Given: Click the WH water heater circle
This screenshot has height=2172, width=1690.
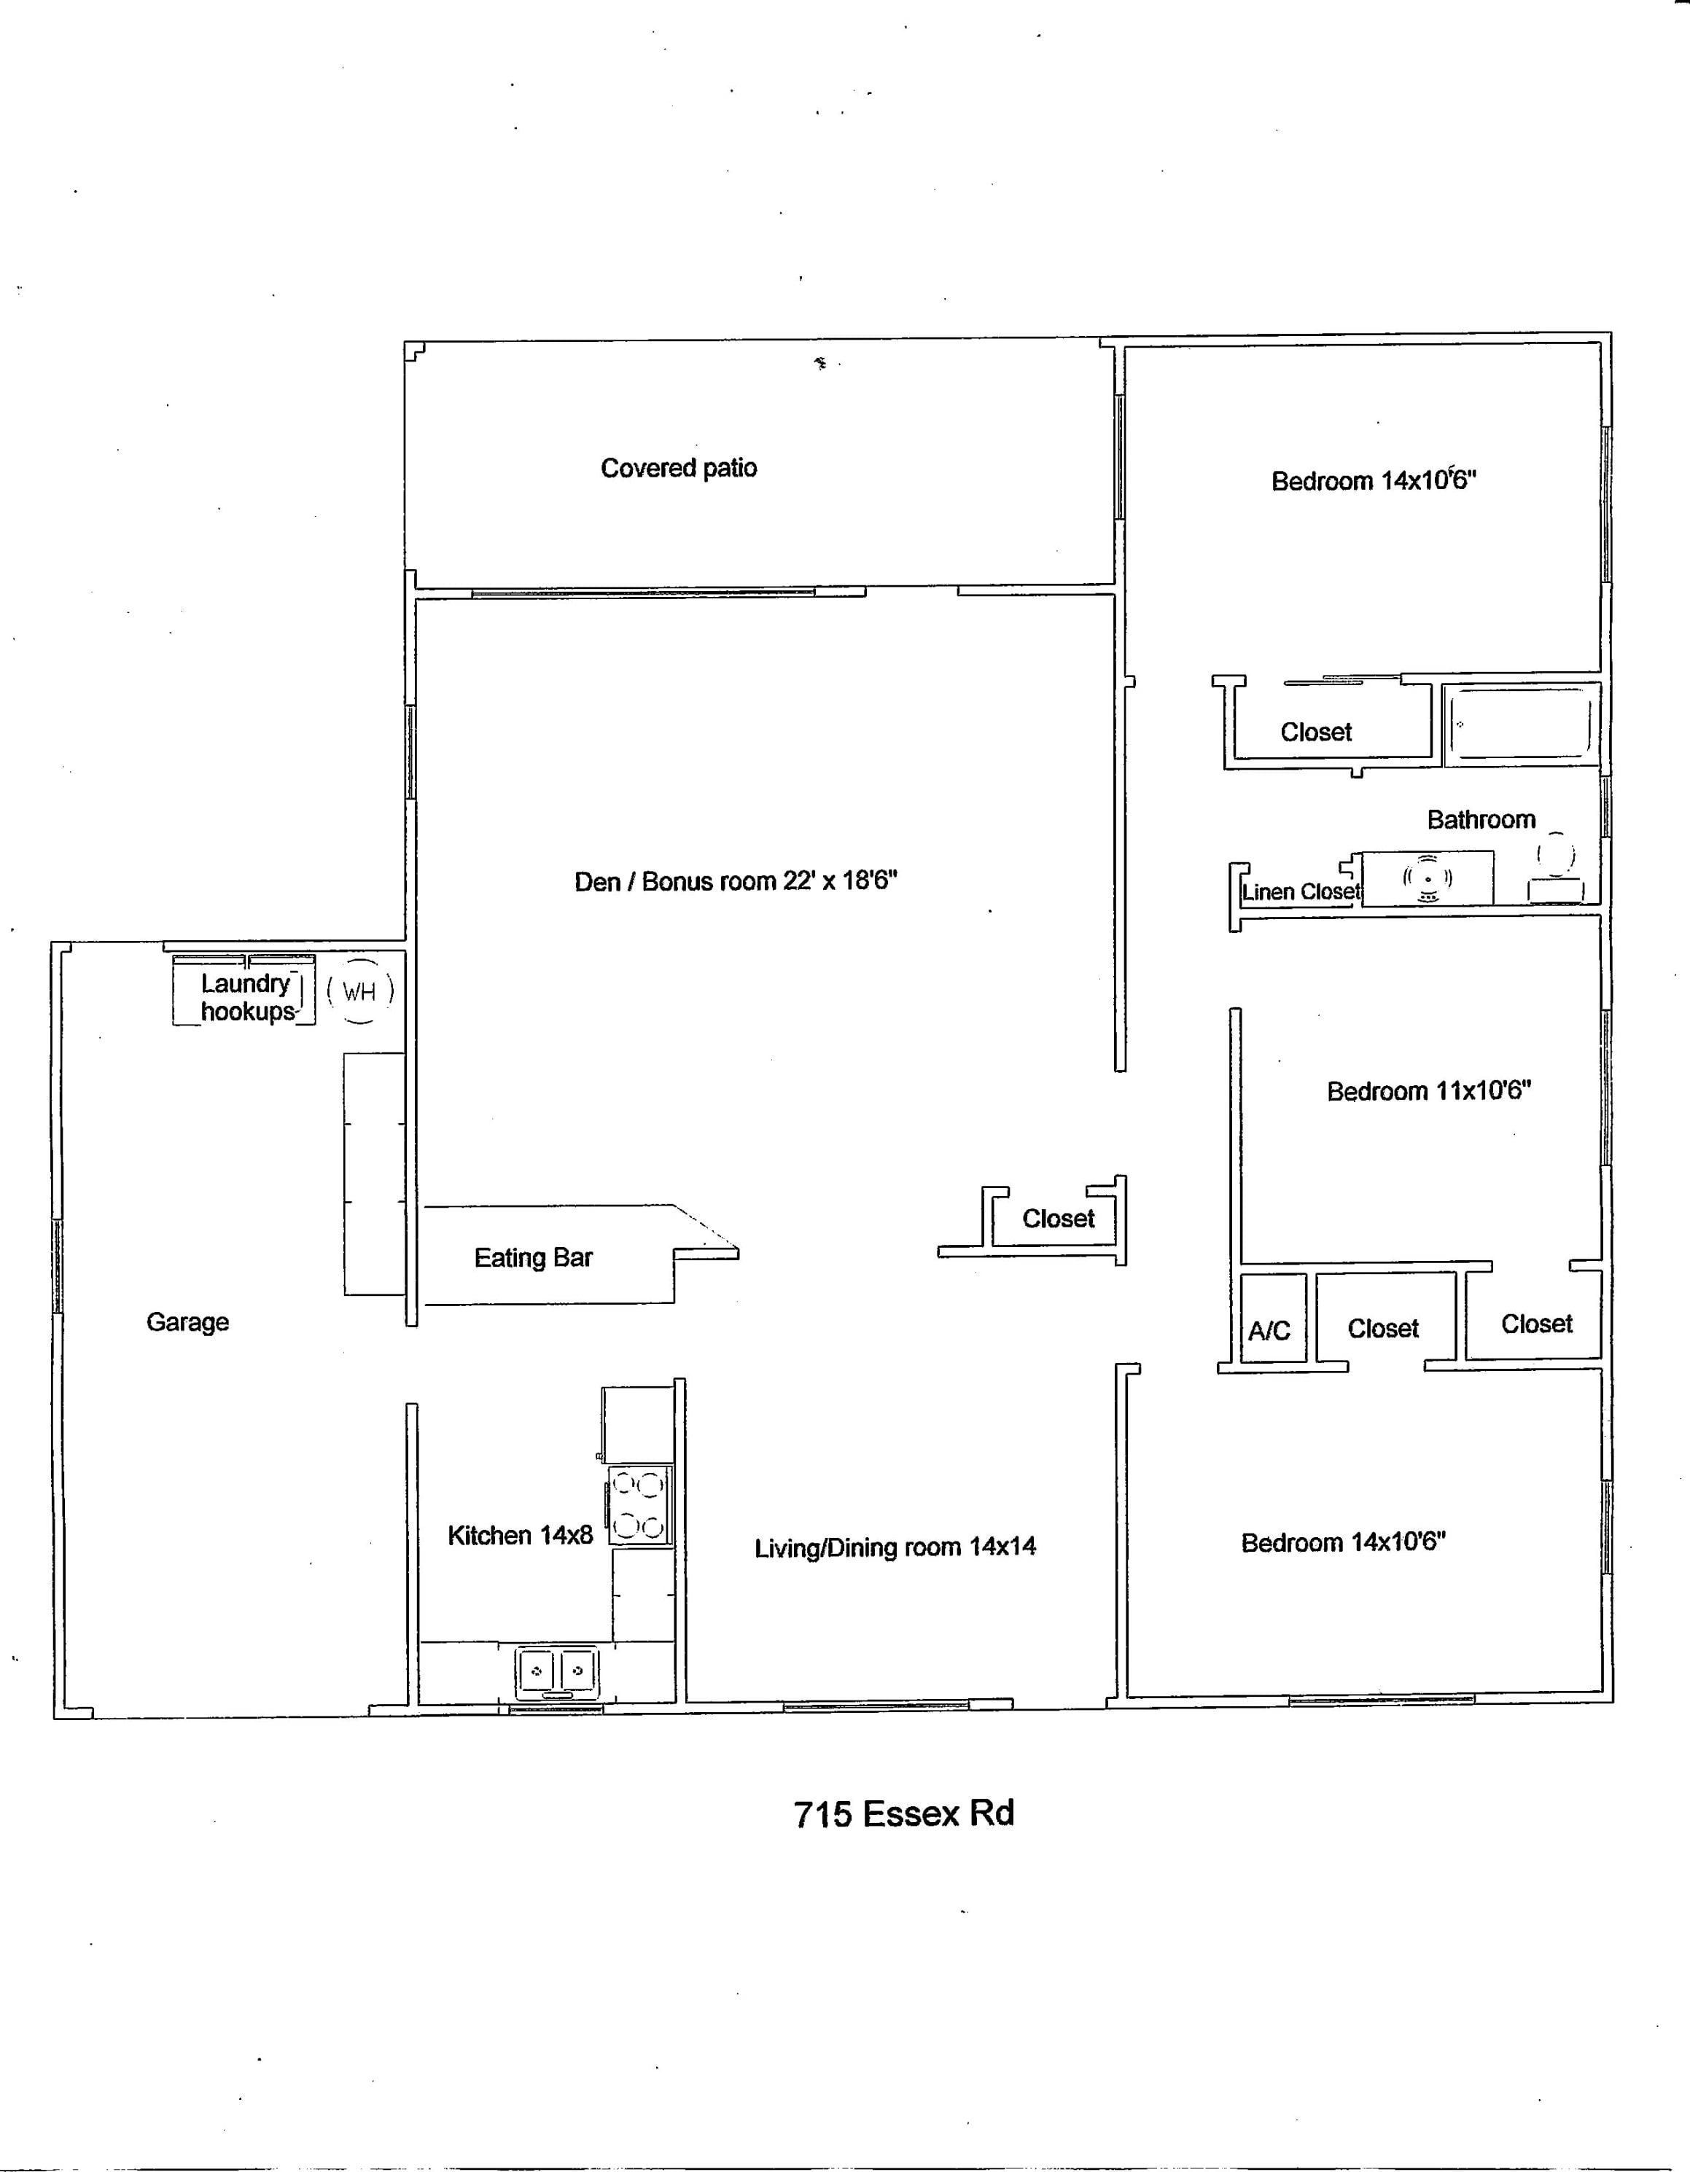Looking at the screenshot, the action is point(359,991).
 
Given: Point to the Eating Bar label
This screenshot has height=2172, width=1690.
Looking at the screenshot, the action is point(533,1258).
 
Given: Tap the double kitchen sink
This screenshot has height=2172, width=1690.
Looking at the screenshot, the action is point(556,1672).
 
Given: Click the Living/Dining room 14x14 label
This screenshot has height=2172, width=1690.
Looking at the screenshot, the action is point(895,1547).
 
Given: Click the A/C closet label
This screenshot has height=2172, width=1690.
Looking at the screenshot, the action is point(1269,1331).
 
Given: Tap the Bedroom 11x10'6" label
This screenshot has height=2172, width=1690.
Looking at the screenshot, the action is point(1428,1091).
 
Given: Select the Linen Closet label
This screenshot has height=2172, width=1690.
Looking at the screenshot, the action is point(1299,892).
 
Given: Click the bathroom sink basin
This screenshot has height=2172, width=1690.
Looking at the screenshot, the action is point(1428,879).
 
